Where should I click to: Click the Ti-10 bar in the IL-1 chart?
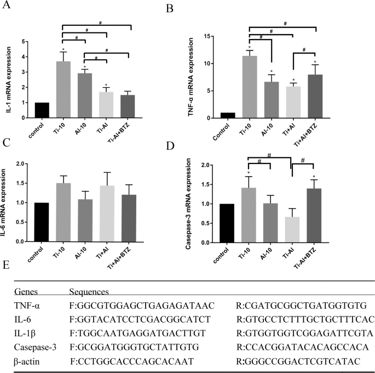64,82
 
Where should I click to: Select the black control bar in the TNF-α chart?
212,115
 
